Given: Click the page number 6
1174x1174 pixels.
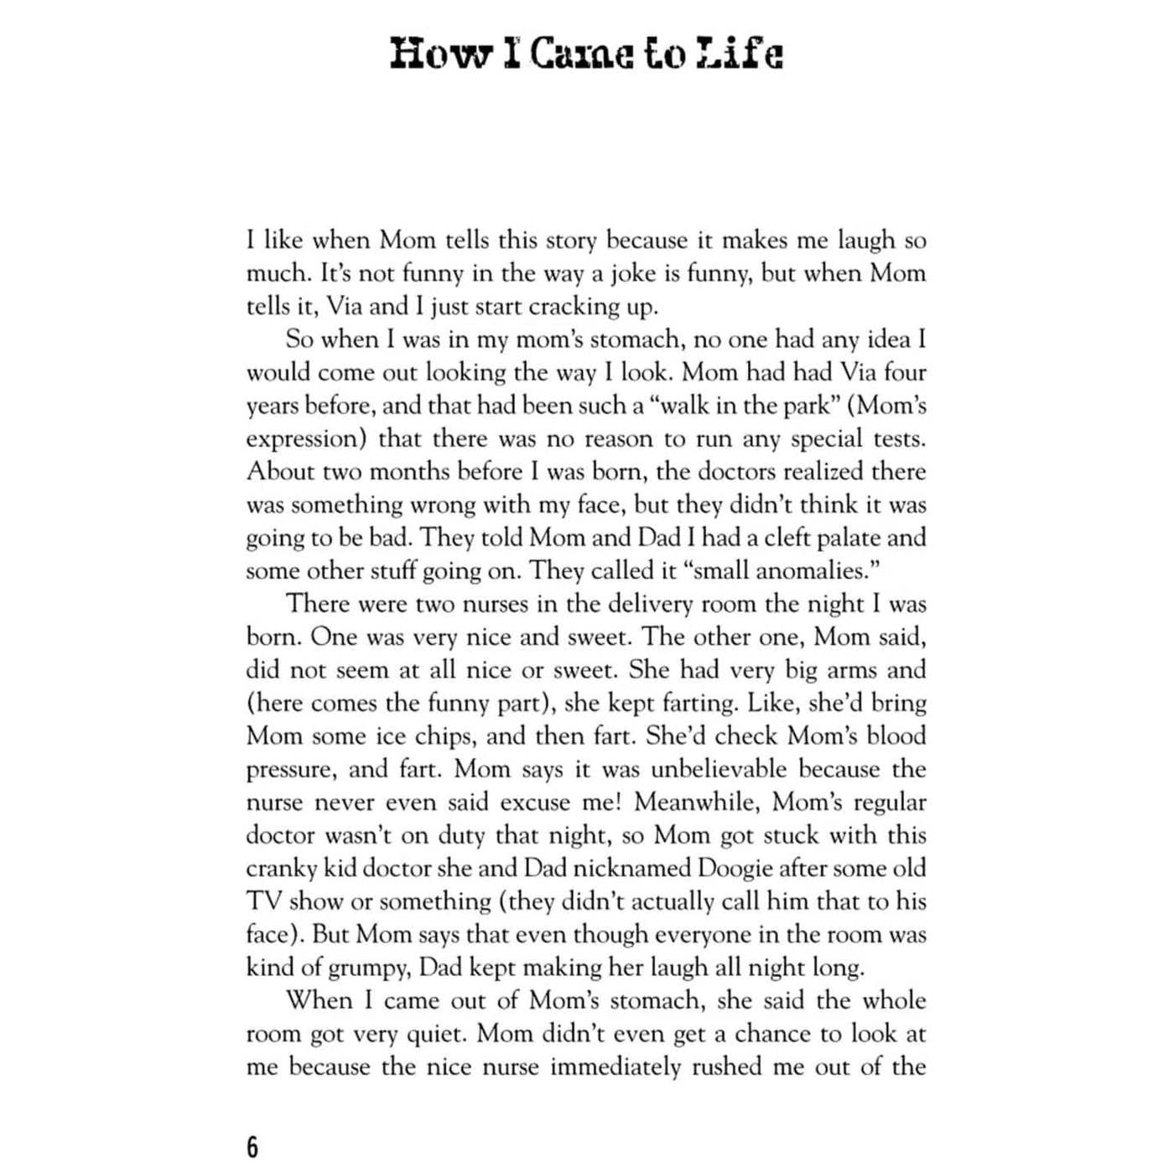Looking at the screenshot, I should click(252, 1146).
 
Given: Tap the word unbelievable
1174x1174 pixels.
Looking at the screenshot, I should click(719, 769).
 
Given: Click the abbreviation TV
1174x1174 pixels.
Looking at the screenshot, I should click(263, 901).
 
